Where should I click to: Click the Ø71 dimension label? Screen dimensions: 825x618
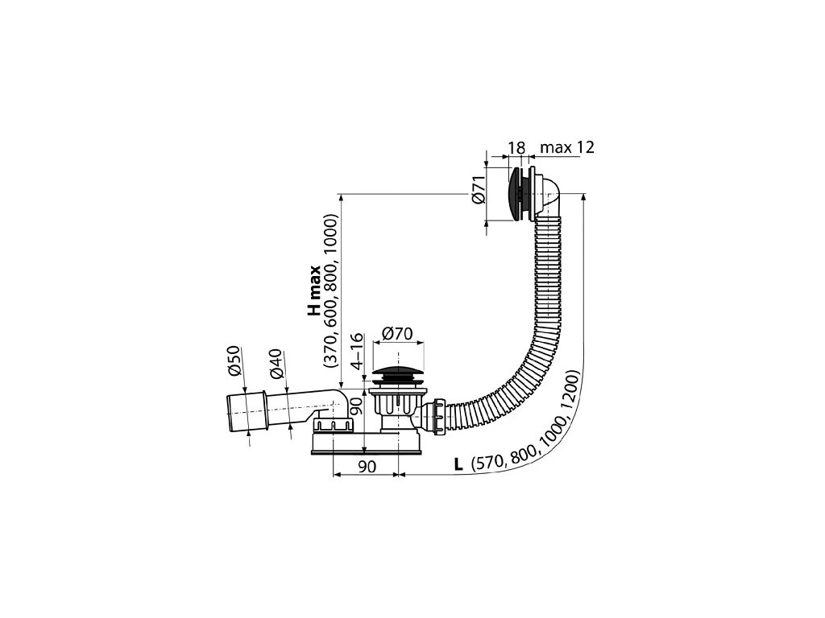coord(477,191)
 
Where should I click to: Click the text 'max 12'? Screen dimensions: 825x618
coord(567,148)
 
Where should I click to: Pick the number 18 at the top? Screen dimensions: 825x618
coord(517,148)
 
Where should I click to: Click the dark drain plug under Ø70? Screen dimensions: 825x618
coord(397,374)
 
